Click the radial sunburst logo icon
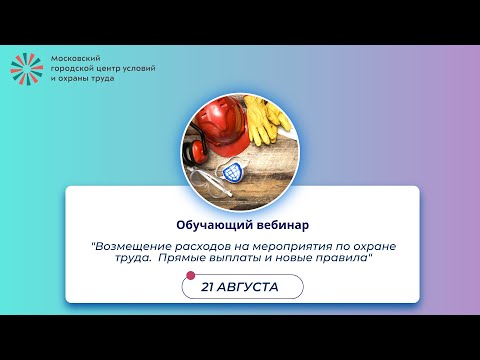[27, 67]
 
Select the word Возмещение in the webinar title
[131, 244]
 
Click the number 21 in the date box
[209, 286]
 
